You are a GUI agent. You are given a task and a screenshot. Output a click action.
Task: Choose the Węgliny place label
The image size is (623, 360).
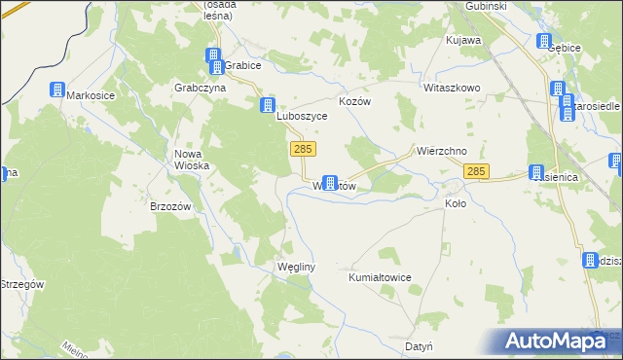tap(294, 267)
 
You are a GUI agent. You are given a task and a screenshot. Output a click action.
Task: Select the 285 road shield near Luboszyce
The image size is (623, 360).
tap(303, 148)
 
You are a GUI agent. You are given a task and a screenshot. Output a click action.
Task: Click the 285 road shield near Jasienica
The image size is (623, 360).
tap(476, 171)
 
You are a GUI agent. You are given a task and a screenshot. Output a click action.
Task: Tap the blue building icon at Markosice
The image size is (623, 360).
tap(57, 90)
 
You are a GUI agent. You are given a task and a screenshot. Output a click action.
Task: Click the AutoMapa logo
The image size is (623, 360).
tap(563, 340)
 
